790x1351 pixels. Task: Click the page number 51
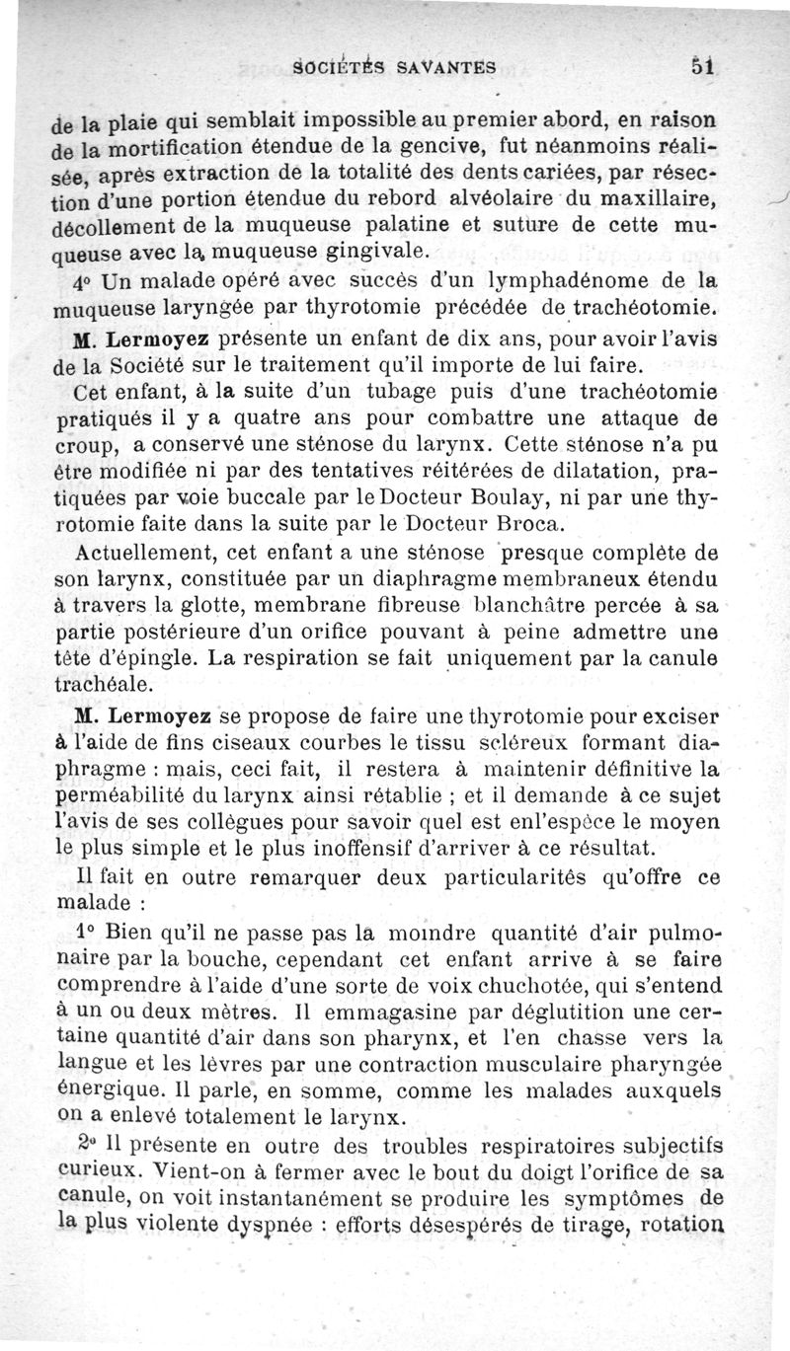(x=702, y=66)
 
